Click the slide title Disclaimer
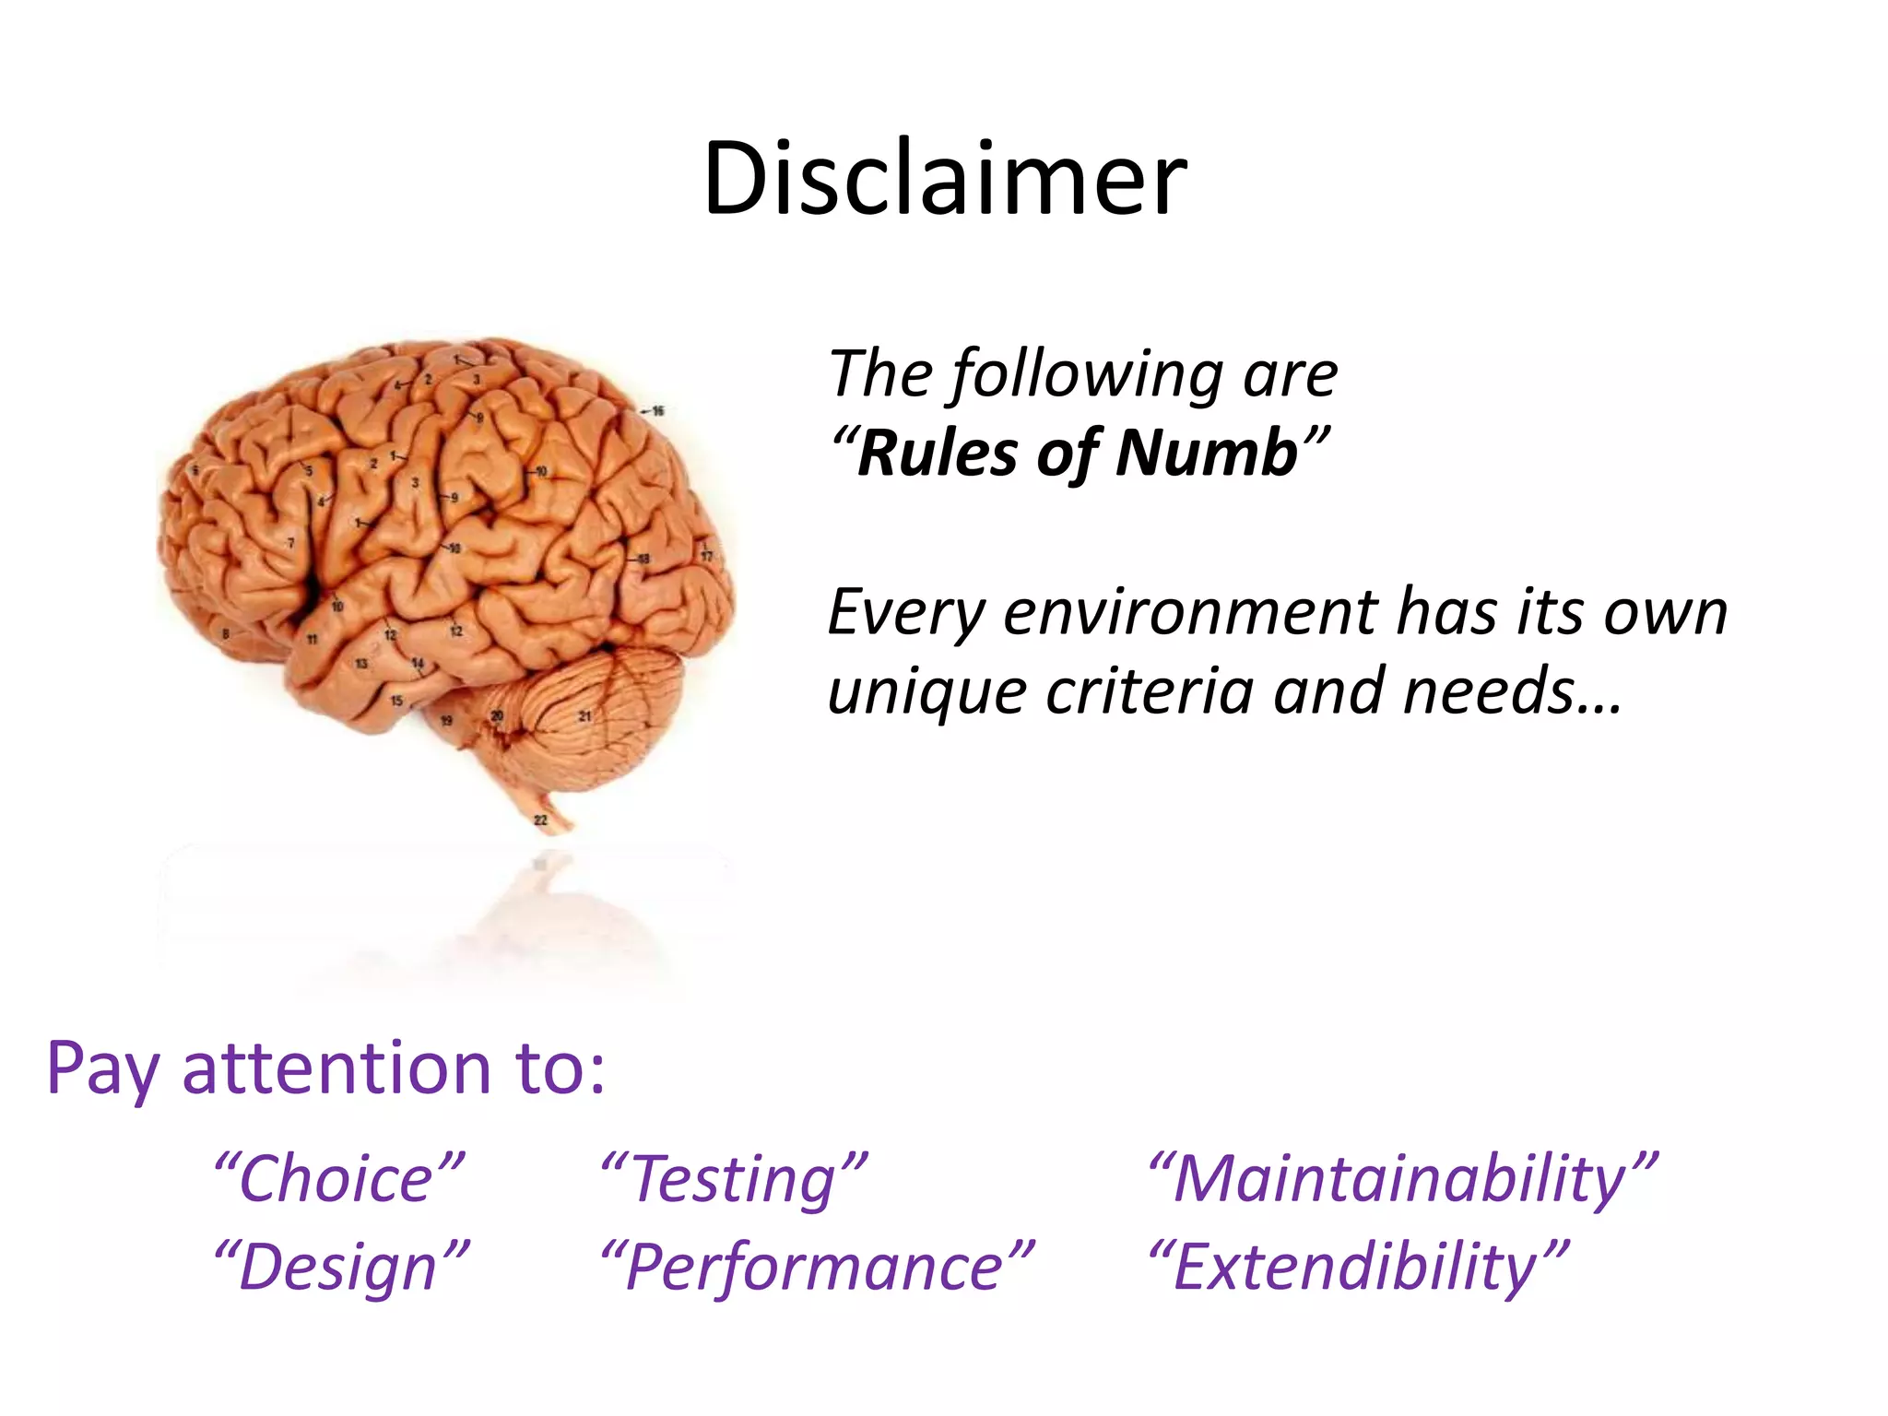(944, 179)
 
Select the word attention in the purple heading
(336, 1069)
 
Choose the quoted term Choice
(337, 1180)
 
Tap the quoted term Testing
(734, 1181)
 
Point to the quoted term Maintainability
(1401, 1181)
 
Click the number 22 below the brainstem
(540, 820)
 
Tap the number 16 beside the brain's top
(657, 411)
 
